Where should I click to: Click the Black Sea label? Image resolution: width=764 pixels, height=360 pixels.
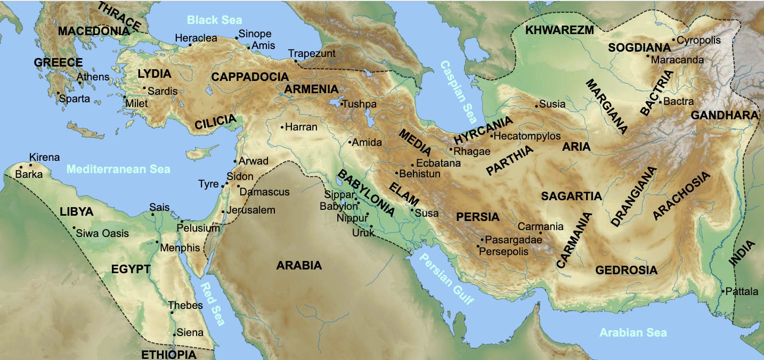click(210, 20)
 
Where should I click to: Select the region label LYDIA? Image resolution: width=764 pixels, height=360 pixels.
click(154, 74)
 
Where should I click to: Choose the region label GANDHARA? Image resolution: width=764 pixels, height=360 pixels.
click(724, 116)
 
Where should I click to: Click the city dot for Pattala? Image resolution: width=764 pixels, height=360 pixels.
click(723, 291)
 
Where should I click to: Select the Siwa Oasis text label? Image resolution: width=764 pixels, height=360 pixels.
click(102, 233)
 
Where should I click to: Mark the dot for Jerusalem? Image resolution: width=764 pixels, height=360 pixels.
click(223, 211)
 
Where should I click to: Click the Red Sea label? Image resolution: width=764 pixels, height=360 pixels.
click(212, 304)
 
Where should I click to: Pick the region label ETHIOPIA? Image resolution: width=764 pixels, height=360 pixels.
click(168, 354)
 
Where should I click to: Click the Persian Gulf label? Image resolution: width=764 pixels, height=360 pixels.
click(446, 277)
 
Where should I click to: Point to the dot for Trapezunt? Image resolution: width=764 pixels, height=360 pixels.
click(296, 61)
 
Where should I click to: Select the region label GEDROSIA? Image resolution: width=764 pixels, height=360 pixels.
click(626, 270)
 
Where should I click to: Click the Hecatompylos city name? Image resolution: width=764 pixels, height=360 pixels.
click(527, 136)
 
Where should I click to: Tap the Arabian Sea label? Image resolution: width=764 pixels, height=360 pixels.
click(633, 333)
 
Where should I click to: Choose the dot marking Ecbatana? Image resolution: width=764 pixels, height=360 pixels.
click(412, 164)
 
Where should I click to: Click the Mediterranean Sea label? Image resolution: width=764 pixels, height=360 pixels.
click(118, 169)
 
